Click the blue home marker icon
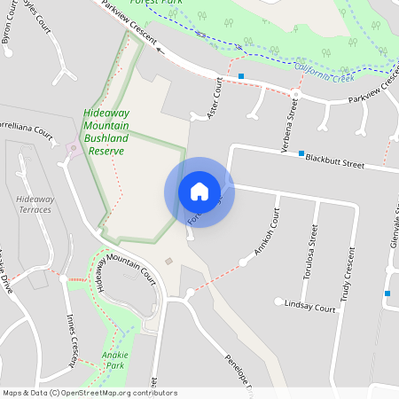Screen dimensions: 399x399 199,192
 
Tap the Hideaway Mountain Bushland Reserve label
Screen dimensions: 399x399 105,132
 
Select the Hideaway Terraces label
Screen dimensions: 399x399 35,205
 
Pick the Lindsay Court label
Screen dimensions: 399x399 310,309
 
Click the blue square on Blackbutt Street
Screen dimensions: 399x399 301,154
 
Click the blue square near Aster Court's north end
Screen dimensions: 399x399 241,76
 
